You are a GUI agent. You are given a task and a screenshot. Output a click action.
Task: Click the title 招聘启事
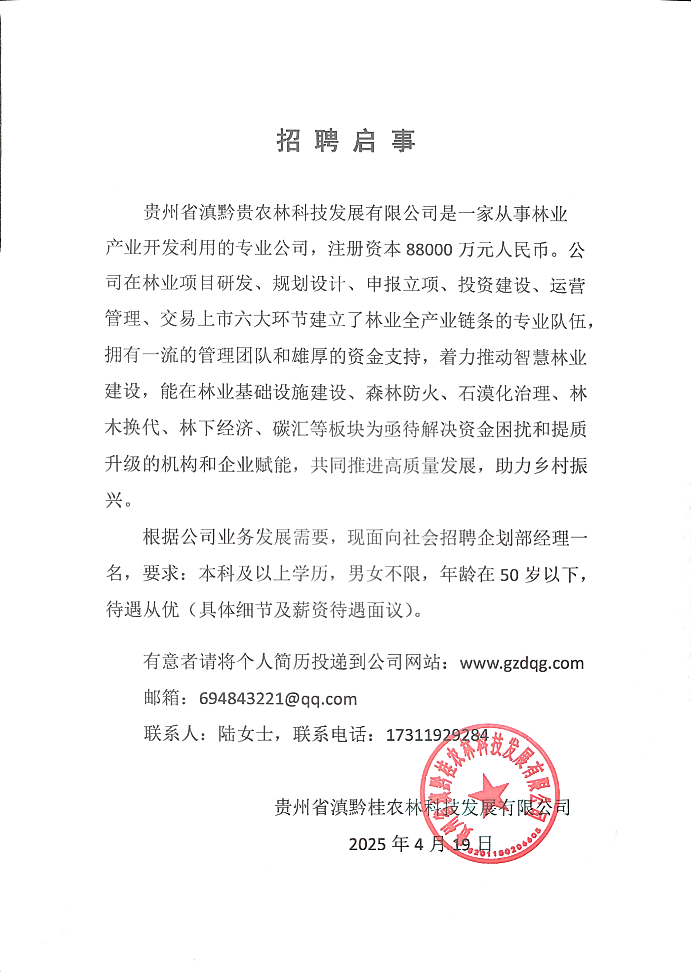(345, 141)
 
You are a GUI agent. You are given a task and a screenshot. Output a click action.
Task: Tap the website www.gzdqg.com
(522, 663)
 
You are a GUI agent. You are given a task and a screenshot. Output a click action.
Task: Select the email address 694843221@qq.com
(278, 699)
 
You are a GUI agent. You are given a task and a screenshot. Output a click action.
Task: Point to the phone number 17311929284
(437, 735)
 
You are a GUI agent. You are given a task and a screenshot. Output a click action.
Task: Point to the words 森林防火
(402, 393)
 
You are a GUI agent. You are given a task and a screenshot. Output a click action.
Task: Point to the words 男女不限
(384, 574)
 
